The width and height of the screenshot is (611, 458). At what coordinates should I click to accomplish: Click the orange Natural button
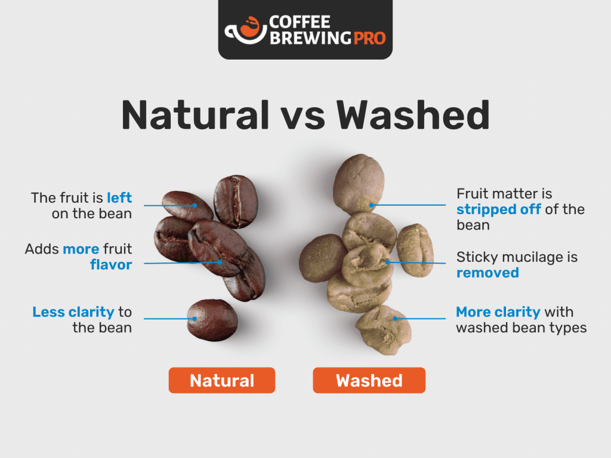pos(222,380)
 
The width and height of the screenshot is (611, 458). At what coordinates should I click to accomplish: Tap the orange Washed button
pos(369,380)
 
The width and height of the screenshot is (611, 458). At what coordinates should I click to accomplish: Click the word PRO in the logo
pos(369,38)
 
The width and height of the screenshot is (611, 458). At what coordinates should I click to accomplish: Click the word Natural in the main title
pos(195,115)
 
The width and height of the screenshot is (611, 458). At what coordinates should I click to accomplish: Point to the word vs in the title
pos(303,119)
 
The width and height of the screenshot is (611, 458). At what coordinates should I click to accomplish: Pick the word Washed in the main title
pos(413,115)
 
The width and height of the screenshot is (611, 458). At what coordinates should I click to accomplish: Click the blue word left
pos(119,197)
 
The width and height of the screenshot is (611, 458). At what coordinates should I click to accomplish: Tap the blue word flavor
pos(111,264)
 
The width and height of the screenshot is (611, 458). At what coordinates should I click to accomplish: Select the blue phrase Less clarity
pos(73,311)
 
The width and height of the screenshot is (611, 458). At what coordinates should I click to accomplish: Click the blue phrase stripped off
pos(498,209)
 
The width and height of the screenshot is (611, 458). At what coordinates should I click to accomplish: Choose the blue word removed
pos(487,273)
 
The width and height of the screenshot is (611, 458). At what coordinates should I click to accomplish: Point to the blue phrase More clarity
pos(498,311)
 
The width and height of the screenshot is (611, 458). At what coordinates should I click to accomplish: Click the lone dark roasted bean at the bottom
pos(212,320)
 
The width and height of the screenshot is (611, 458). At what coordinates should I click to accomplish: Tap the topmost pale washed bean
pos(359,184)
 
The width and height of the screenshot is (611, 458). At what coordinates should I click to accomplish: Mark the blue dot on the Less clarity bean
pos(195,318)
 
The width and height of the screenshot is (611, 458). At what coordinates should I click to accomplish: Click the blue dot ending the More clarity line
pos(395,318)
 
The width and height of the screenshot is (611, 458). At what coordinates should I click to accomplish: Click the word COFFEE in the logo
pos(300,22)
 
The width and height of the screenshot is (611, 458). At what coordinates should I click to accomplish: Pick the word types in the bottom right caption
pos(568,328)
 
